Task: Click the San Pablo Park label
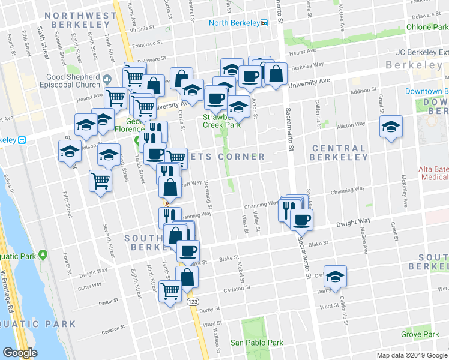(257, 343)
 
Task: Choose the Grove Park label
(420, 334)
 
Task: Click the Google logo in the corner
(19, 353)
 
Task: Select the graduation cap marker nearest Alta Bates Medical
(391, 127)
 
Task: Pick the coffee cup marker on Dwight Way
(301, 219)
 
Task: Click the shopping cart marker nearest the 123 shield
(170, 291)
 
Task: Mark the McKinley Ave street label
(404, 205)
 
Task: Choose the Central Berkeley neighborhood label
(339, 152)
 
